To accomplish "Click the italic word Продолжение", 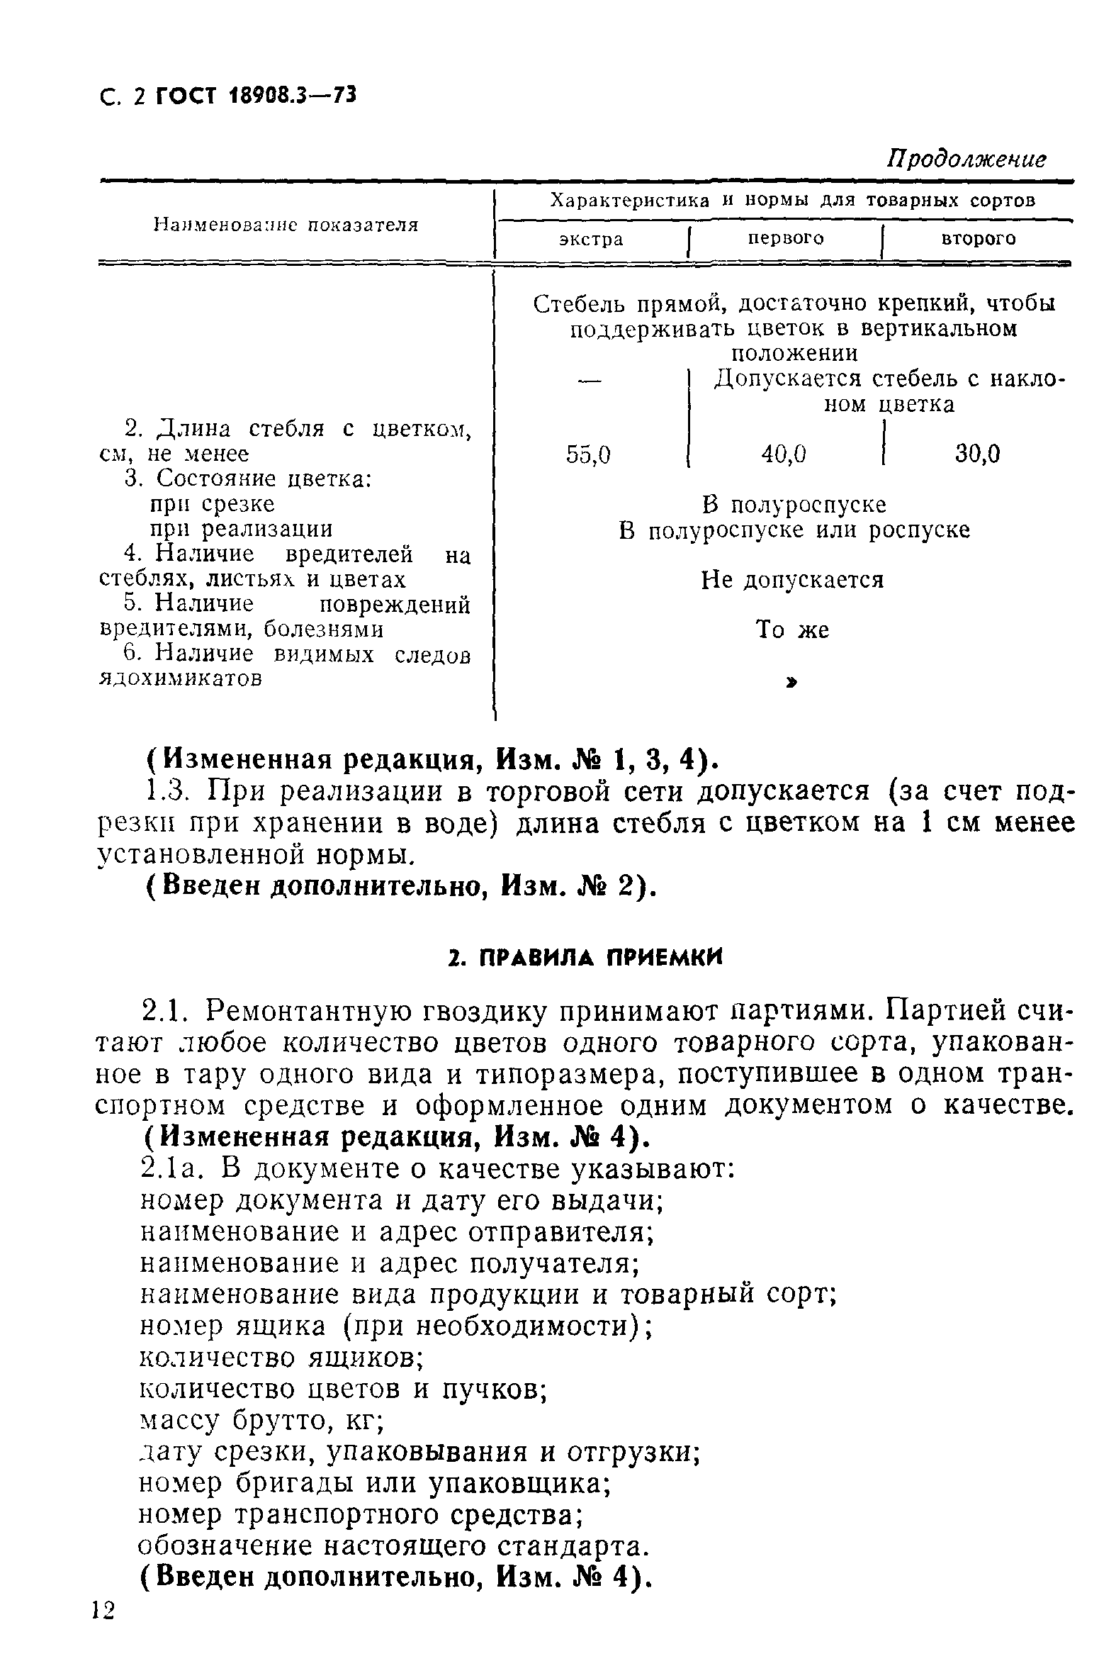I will (x=966, y=159).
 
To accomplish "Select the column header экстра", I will (x=591, y=239).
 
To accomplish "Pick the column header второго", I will (x=978, y=238).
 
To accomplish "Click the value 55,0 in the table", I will (x=588, y=454).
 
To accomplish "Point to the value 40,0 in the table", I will (x=784, y=454).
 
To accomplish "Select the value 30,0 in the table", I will (x=977, y=454).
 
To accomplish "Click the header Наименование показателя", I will (x=286, y=225).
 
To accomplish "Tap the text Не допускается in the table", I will (x=792, y=580).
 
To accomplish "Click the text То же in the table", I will (x=792, y=630).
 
